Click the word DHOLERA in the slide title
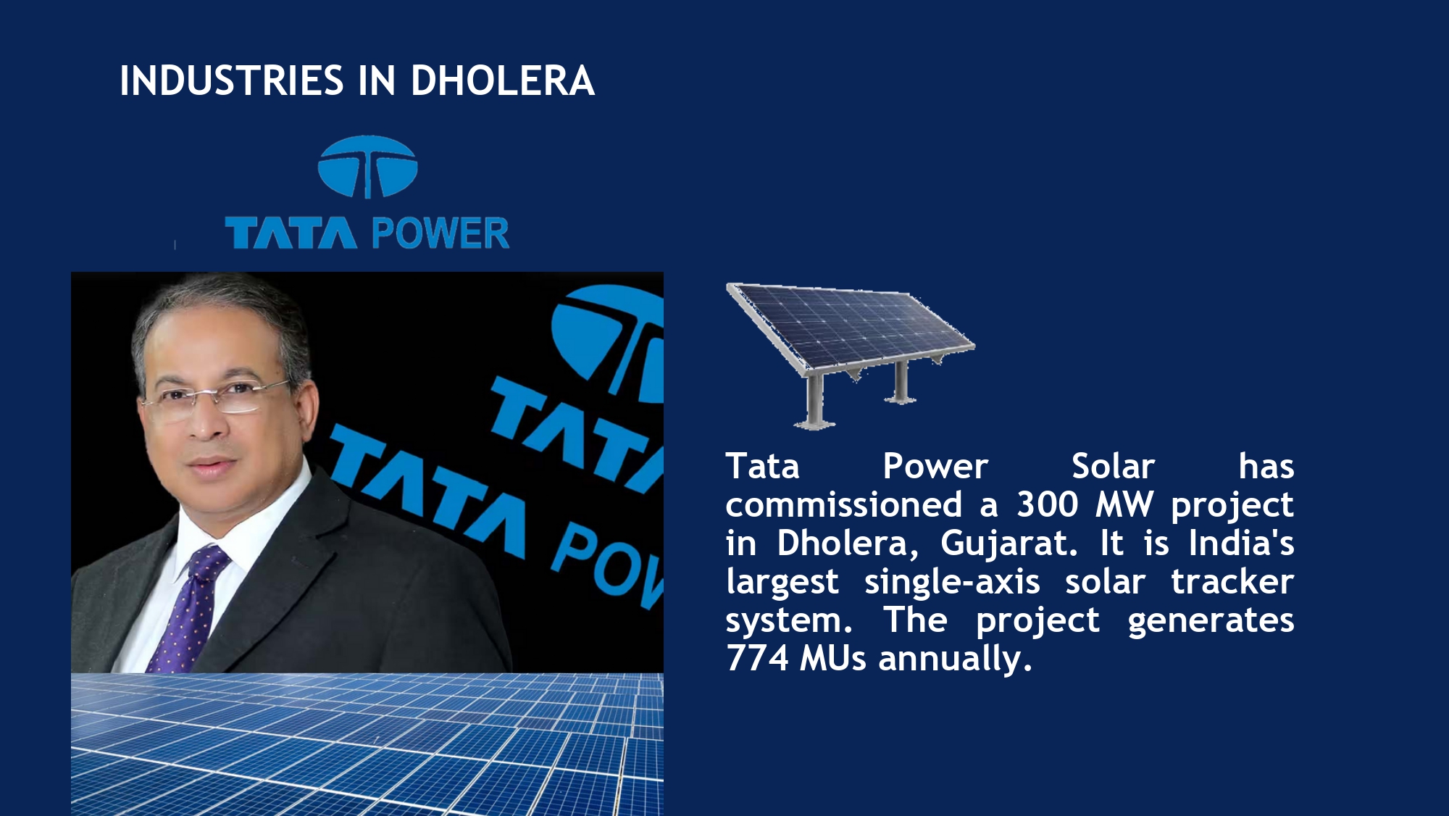coord(502,80)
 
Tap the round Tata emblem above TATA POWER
coord(367,167)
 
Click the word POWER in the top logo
coord(440,233)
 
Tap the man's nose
coord(206,424)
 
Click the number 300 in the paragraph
coord(1048,504)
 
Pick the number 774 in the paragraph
coord(757,659)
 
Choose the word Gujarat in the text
coord(1009,544)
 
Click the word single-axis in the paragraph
coord(952,582)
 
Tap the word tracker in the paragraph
coord(1232,582)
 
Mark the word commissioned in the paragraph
coord(844,504)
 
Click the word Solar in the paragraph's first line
coord(1113,466)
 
